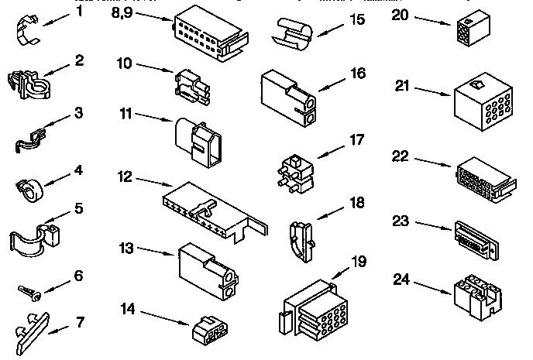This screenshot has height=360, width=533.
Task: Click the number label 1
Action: point(77,12)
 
